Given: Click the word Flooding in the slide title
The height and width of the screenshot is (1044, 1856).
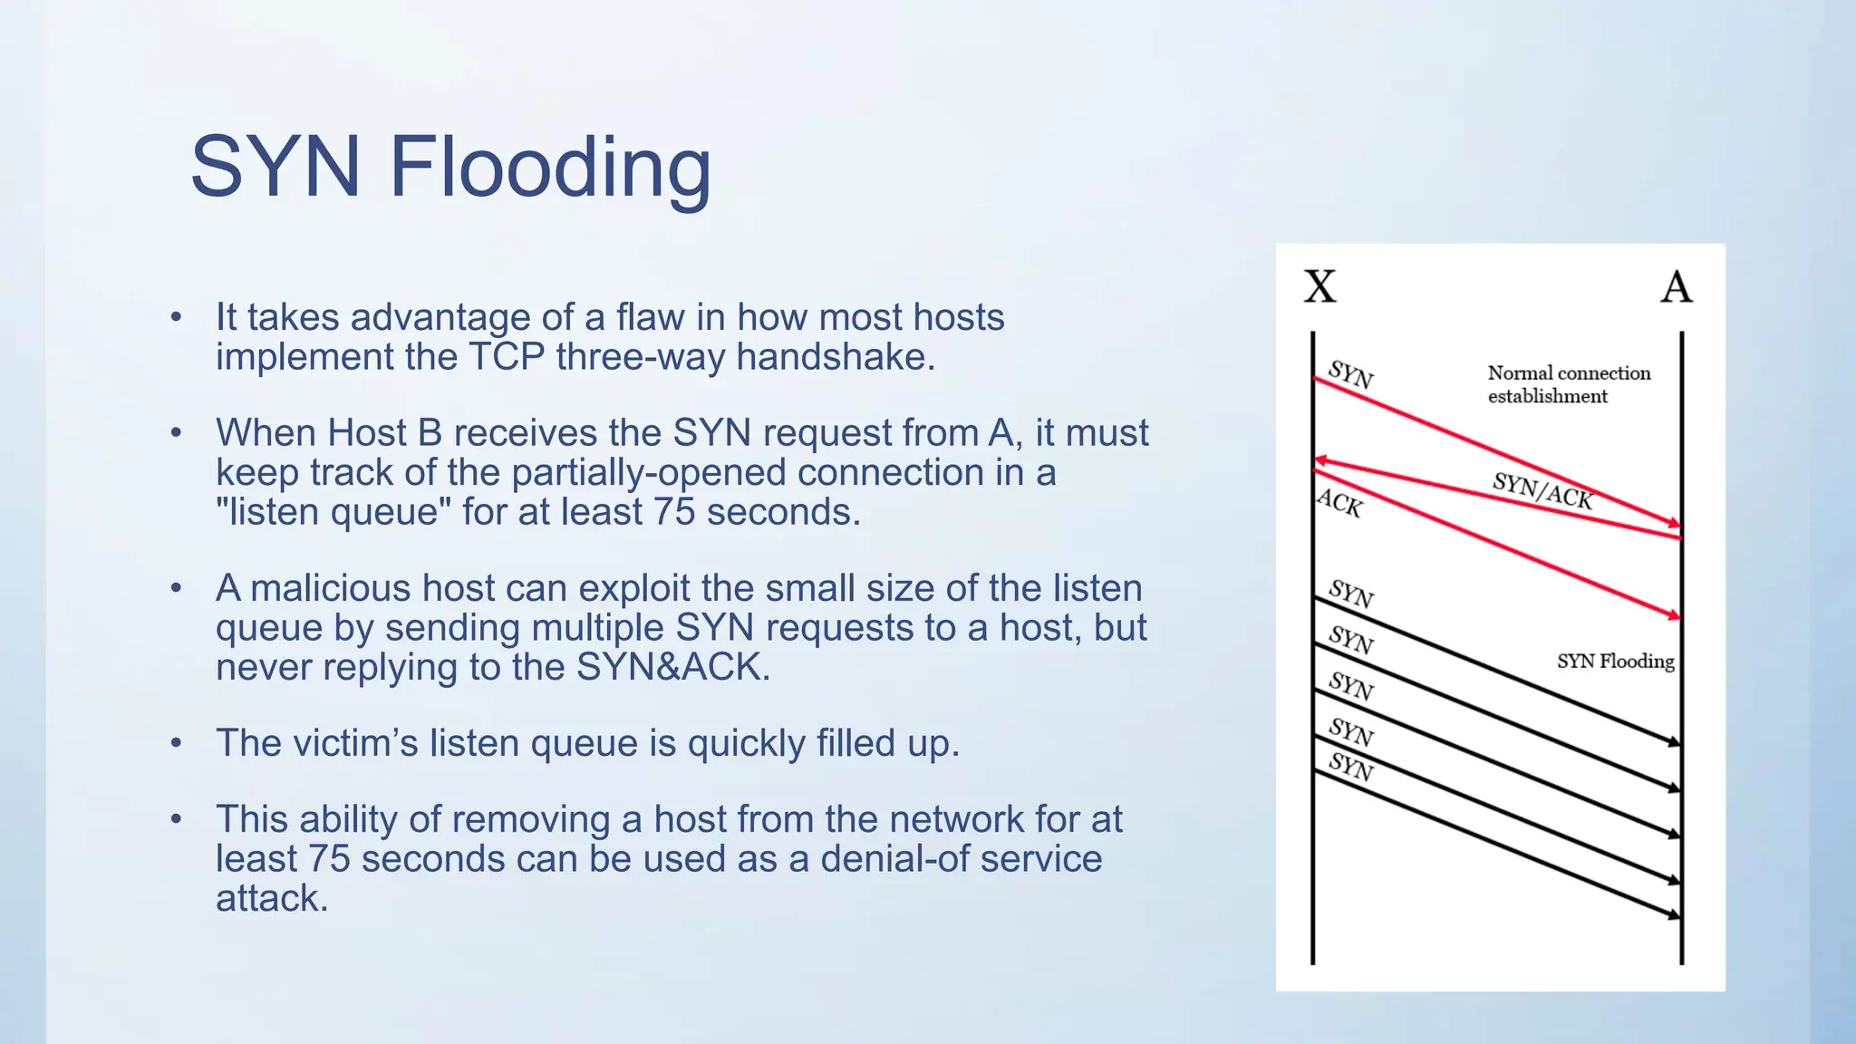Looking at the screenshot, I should click(550, 168).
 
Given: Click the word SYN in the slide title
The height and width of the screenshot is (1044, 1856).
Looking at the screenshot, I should click(275, 168).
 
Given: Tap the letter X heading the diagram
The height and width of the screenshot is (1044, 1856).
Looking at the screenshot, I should click(1319, 287).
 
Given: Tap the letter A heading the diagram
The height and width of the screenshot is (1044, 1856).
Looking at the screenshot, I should click(1676, 287).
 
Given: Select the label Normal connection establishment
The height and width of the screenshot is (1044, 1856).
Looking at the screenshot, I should click(1568, 384).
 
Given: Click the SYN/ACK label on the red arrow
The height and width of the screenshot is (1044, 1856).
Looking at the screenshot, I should click(1542, 490).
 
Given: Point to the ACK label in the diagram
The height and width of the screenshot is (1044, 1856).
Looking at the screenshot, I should click(1339, 503).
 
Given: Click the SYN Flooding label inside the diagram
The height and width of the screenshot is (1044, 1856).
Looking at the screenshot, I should click(1615, 662).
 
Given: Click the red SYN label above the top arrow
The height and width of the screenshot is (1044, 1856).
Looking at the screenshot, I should click(1350, 374).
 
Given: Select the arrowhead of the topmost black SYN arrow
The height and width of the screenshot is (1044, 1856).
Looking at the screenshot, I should click(1675, 742).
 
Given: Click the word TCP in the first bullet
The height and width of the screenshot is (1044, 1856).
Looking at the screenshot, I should click(506, 357).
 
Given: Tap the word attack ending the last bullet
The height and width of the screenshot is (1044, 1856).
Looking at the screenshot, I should click(270, 899).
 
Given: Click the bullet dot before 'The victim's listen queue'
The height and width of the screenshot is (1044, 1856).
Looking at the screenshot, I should click(177, 744).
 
